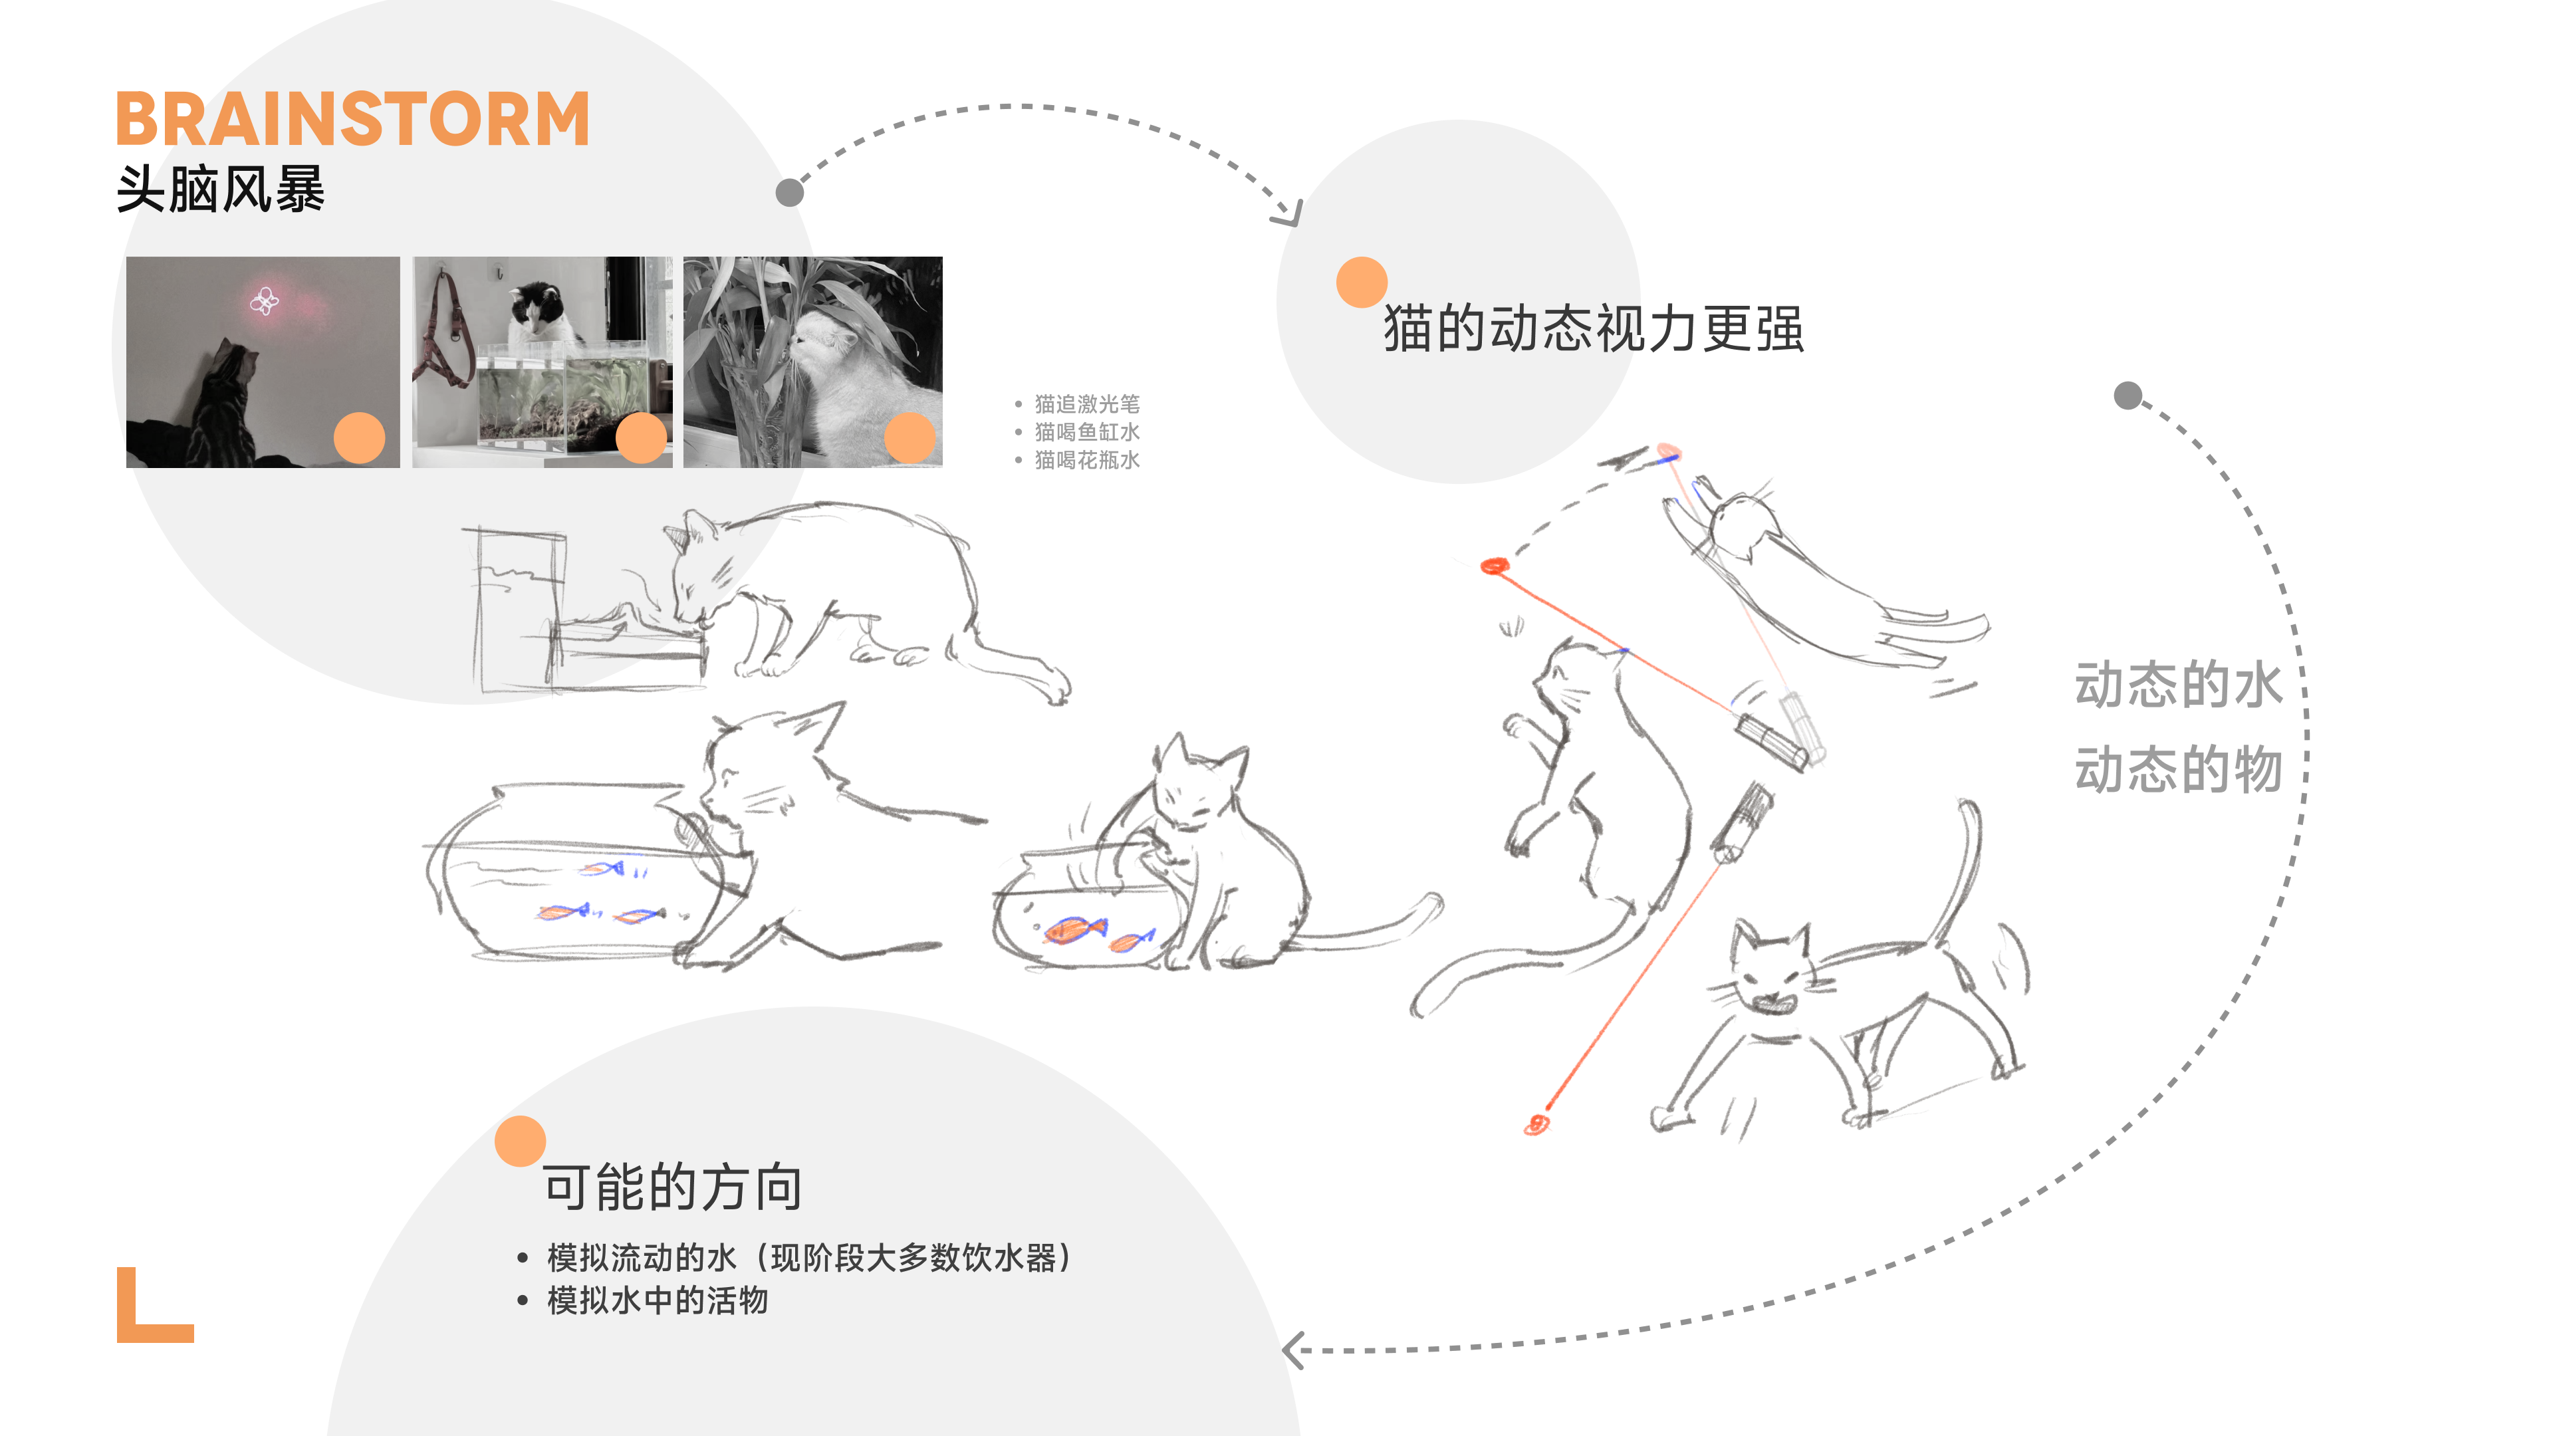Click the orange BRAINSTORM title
[353, 119]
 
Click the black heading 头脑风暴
[220, 189]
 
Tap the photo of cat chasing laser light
[263, 362]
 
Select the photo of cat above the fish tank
[542, 362]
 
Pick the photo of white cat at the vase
[812, 362]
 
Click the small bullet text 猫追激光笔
[1086, 404]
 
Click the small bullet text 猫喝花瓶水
[1086, 460]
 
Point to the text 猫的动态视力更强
[1593, 329]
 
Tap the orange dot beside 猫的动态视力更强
[1361, 283]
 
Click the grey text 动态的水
[2177, 685]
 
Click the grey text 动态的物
[2177, 770]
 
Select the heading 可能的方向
[672, 1187]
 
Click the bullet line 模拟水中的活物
[657, 1300]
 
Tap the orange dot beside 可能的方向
[521, 1141]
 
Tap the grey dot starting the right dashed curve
[2127, 396]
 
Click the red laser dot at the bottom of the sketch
[1537, 1124]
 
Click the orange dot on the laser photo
[359, 437]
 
